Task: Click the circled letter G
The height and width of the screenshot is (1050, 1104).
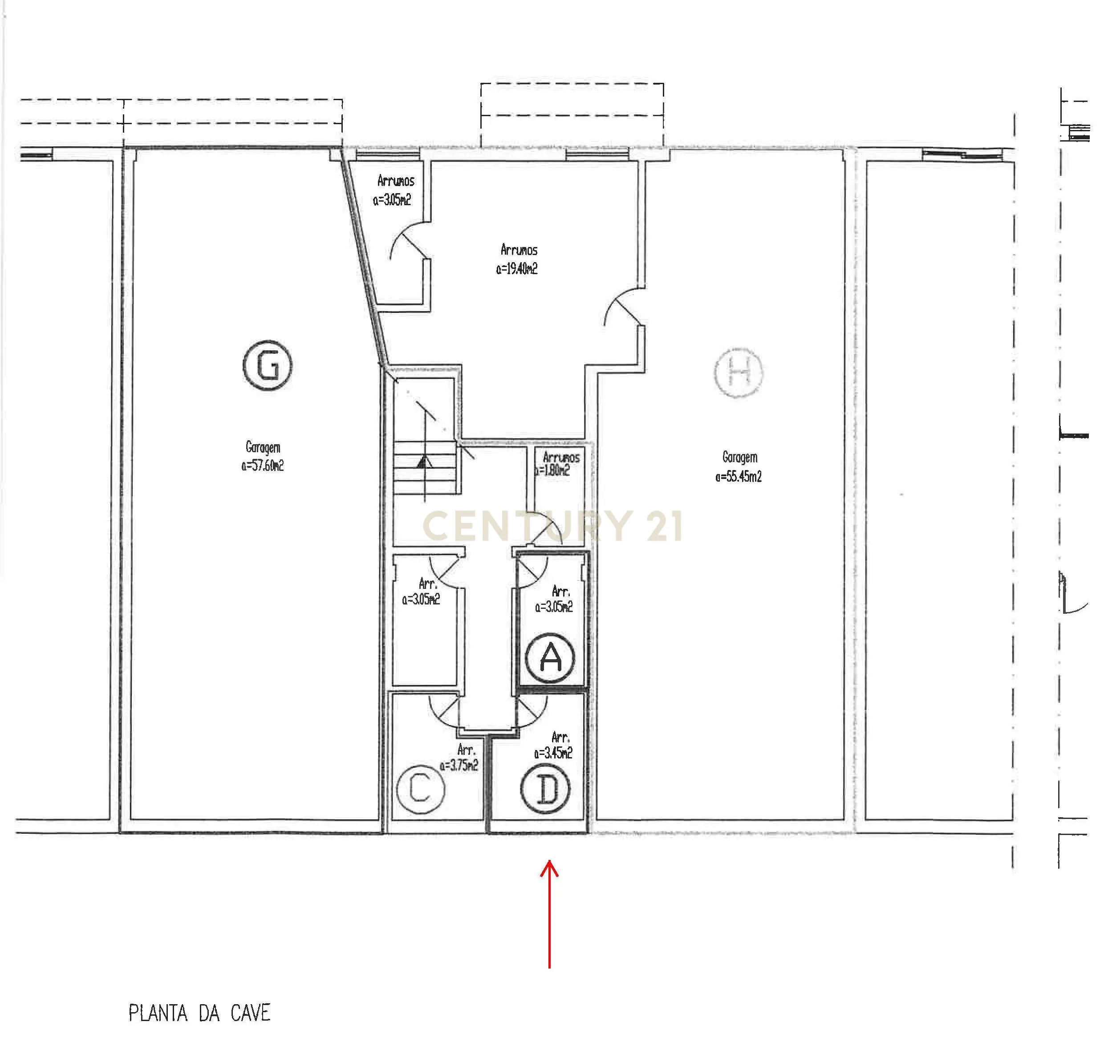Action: click(268, 365)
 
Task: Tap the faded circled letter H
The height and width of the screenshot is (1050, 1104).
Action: click(739, 372)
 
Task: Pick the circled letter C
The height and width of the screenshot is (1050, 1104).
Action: click(420, 789)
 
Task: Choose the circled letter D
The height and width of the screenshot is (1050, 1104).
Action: click(545, 789)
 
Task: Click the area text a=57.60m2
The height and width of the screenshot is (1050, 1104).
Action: click(263, 466)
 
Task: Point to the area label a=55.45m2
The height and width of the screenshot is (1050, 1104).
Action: click(739, 477)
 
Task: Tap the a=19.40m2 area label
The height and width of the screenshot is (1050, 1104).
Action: click(517, 269)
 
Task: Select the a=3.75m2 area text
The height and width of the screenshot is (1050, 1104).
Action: click(459, 765)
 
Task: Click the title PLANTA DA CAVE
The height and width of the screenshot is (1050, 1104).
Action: click(199, 1013)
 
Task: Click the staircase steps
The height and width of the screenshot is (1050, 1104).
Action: click(426, 467)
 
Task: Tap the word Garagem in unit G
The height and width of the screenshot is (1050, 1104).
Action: click(263, 447)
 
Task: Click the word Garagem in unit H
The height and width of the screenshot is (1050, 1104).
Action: click(739, 457)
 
